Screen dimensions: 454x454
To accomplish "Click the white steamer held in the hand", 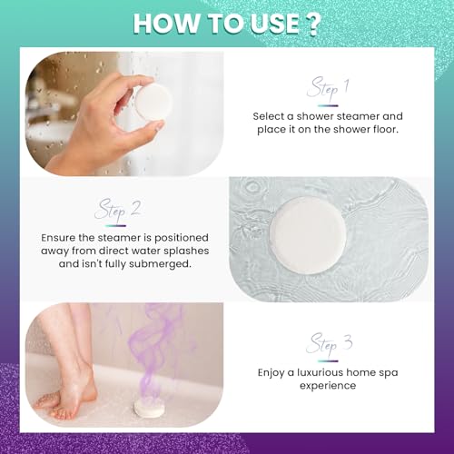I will tap(156, 102).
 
